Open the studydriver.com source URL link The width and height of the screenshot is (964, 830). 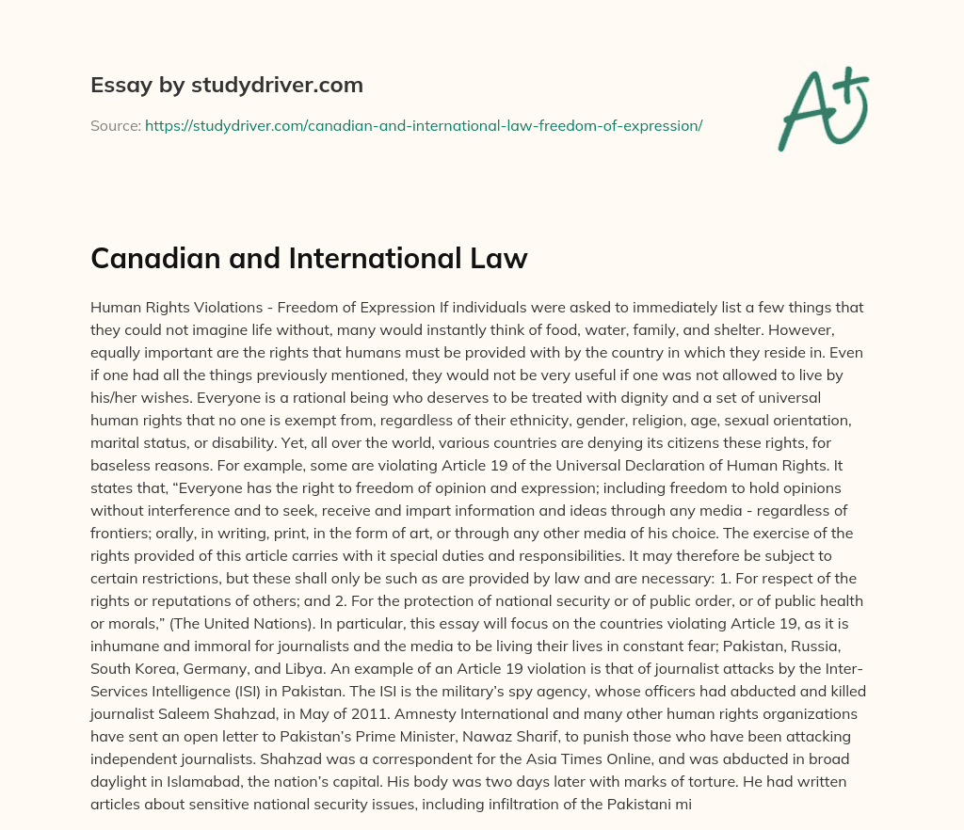[424, 124]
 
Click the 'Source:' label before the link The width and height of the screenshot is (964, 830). [115, 124]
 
